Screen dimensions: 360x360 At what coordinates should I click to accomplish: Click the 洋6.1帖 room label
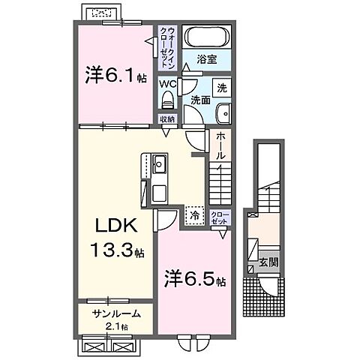pos(115,76)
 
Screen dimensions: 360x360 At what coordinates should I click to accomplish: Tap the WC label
pos(167,85)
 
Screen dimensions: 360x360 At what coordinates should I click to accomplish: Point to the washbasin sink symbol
pos(223,113)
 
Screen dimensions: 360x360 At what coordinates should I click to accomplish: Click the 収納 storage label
pos(166,119)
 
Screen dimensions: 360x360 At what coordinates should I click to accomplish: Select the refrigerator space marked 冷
pos(195,216)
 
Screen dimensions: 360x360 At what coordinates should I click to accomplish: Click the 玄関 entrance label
pos(268,262)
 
